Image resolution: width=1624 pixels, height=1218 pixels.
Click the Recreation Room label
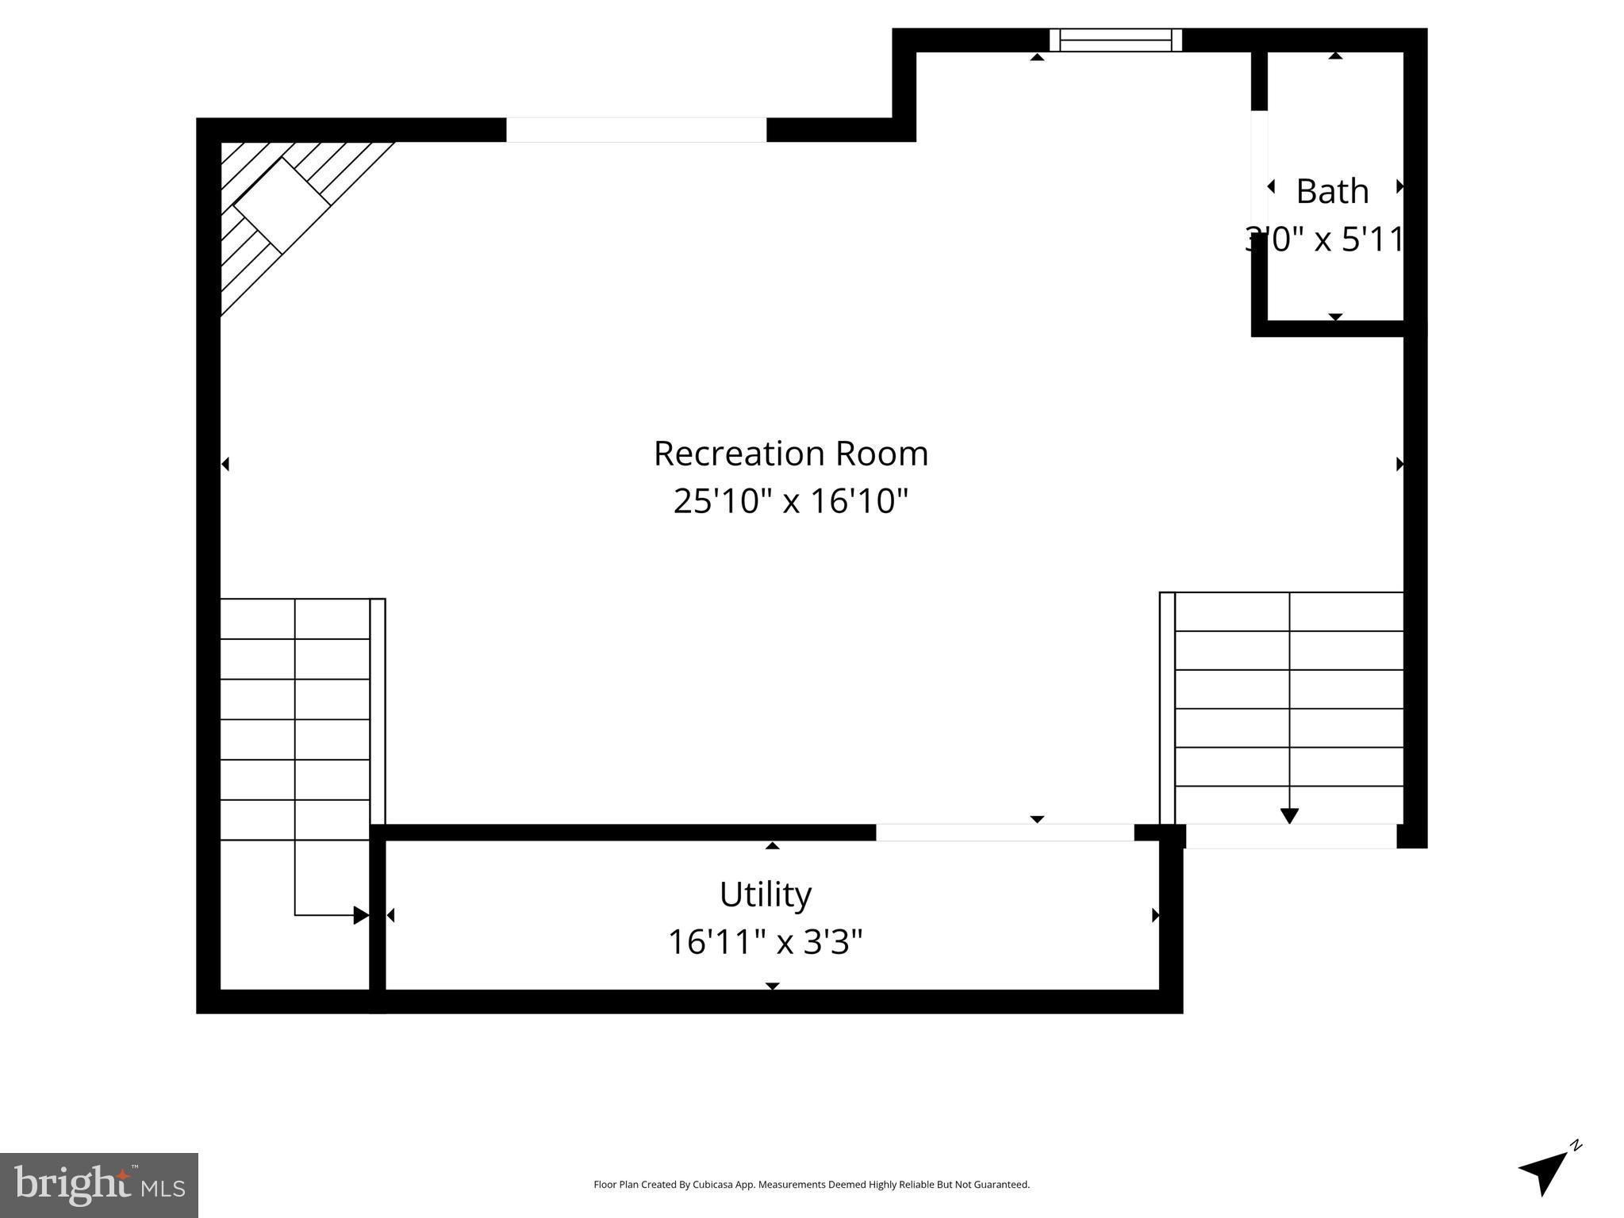pyautogui.click(x=790, y=454)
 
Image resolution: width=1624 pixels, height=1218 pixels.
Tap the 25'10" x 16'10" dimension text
pyautogui.click(x=790, y=501)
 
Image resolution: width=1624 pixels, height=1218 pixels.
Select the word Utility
pyautogui.click(x=766, y=894)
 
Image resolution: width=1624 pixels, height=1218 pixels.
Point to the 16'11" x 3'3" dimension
pyautogui.click(x=766, y=942)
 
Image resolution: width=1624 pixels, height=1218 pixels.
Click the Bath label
pyautogui.click(x=1332, y=191)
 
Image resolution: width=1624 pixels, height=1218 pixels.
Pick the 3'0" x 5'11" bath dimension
pyautogui.click(x=1325, y=239)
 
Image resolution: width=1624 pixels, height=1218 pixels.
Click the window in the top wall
pyautogui.click(x=1115, y=40)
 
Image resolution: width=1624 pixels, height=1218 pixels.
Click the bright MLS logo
pyautogui.click(x=99, y=1185)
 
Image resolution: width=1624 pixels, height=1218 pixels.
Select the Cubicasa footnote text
pyautogui.click(x=812, y=1185)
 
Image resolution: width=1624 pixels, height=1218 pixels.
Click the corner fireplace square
pyautogui.click(x=282, y=205)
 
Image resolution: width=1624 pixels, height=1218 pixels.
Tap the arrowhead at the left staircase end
pyautogui.click(x=361, y=915)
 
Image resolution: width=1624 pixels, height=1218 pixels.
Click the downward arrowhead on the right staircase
pyautogui.click(x=1289, y=815)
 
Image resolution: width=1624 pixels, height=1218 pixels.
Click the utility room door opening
pyautogui.click(x=1004, y=833)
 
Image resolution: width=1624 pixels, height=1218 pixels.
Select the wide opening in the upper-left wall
pyautogui.click(x=636, y=130)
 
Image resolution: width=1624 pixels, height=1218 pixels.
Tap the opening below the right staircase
pyautogui.click(x=1291, y=836)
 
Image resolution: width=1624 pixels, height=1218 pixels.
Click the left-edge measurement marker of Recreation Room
pyautogui.click(x=225, y=464)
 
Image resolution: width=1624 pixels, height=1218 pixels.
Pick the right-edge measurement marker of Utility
pyautogui.click(x=1155, y=915)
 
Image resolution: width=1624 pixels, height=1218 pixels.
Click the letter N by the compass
pyautogui.click(x=1576, y=1145)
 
